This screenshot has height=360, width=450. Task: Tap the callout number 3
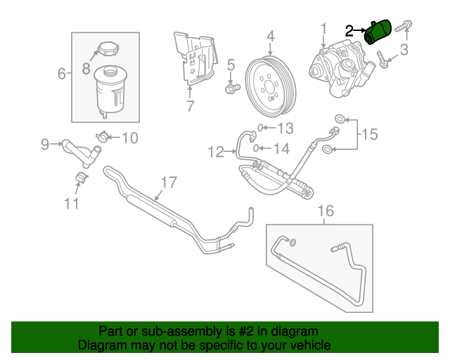(x=404, y=49)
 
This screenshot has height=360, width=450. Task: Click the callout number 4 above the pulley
(x=270, y=35)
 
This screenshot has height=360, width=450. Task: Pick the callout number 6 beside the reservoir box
(x=61, y=73)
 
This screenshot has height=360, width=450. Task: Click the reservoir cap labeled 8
(x=108, y=51)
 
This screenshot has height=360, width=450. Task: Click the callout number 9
(x=45, y=145)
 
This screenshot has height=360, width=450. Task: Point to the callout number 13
(x=284, y=128)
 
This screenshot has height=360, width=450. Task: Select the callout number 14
(x=281, y=148)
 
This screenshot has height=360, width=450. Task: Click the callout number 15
(x=369, y=133)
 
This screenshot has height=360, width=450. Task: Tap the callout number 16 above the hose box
(x=324, y=210)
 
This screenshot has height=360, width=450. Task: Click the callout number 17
(x=166, y=183)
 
